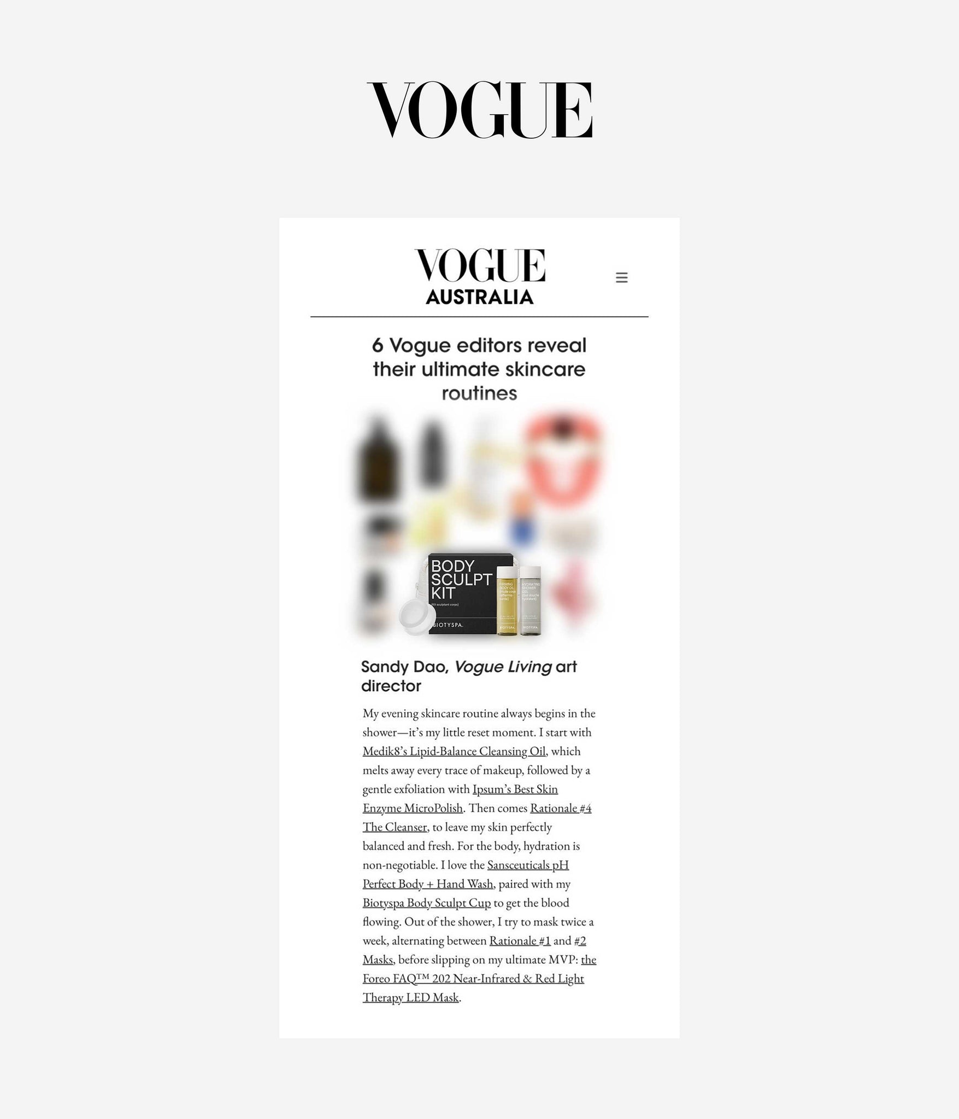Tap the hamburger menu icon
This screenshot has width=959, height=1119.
[621, 278]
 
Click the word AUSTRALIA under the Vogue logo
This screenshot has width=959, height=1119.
[479, 297]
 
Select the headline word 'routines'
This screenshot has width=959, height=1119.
[479, 393]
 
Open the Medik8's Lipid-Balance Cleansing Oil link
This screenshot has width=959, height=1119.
[454, 751]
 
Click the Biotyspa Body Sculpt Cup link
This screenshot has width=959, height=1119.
[426, 903]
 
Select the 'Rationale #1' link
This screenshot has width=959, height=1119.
[520, 941]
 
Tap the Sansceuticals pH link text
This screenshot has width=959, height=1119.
[528, 865]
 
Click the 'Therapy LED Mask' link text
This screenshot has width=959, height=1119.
[410, 998]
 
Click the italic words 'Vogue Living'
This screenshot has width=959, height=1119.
[503, 667]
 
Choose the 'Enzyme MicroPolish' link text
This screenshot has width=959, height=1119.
[413, 808]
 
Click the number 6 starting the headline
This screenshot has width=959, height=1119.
[377, 346]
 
